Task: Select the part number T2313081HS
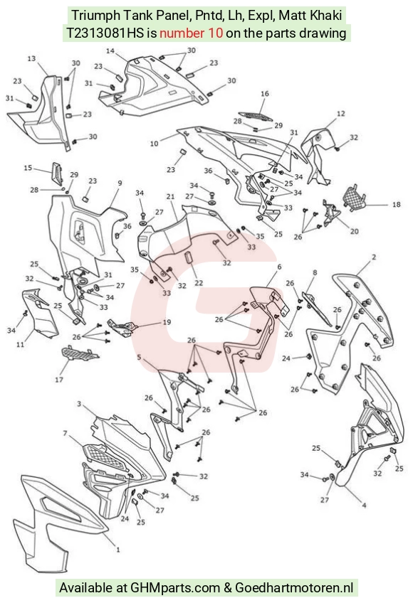click(x=105, y=33)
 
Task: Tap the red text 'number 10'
click(x=191, y=33)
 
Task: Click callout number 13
click(x=31, y=58)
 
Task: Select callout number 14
click(x=110, y=50)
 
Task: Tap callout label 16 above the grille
click(x=265, y=93)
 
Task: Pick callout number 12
click(x=340, y=114)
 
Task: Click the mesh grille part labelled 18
click(x=354, y=198)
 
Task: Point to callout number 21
click(x=170, y=196)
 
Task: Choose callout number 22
click(x=199, y=283)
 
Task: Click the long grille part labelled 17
click(x=79, y=353)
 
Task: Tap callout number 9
click(x=120, y=183)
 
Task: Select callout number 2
click(x=373, y=257)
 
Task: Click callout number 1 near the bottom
click(x=118, y=550)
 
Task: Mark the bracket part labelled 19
click(x=122, y=327)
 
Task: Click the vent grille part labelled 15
click(x=56, y=174)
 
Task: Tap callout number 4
click(x=364, y=505)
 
